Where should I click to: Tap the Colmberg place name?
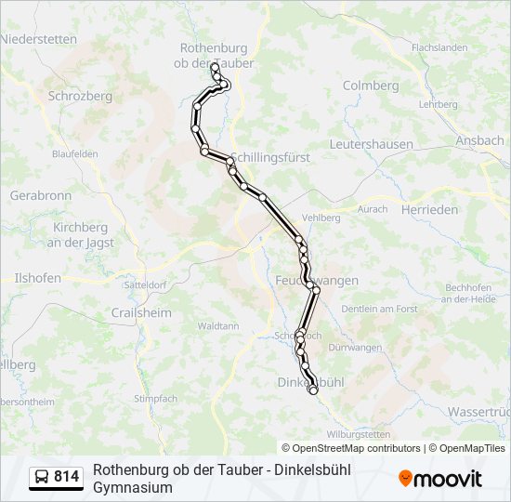(371, 86)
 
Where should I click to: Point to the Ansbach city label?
(479, 140)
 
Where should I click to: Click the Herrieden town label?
(430, 210)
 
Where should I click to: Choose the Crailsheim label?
(141, 313)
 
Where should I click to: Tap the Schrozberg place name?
(80, 95)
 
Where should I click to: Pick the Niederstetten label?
(39, 39)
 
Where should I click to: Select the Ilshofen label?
(37, 277)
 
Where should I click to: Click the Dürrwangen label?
(356, 348)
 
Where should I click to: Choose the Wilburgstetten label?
(359, 433)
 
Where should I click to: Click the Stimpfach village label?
(155, 398)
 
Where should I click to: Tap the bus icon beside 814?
(42, 478)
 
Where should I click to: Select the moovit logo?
(440, 479)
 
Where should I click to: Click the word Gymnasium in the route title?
(133, 487)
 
